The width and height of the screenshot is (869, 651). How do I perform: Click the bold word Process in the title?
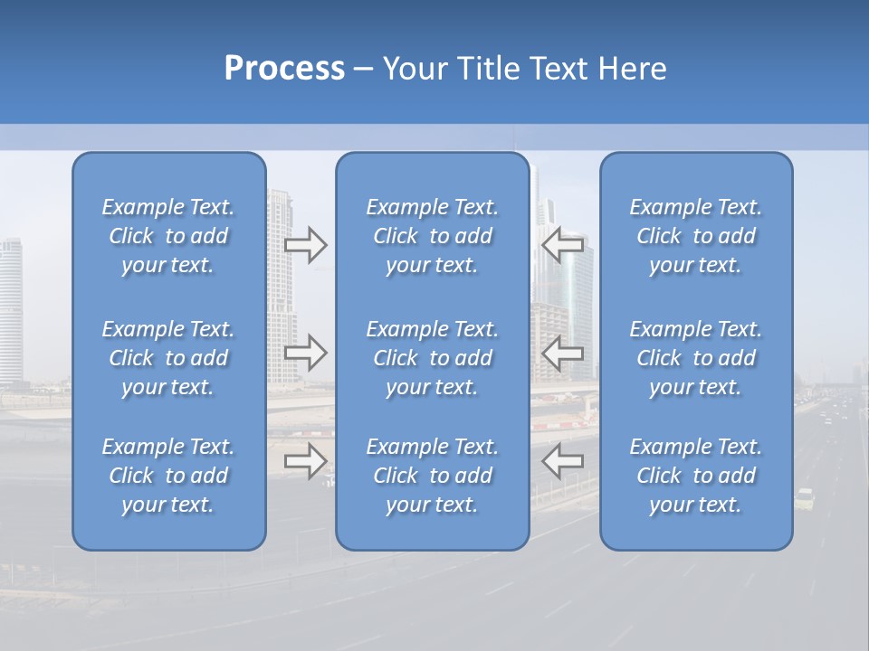284,69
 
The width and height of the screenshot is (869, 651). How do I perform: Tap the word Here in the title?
633,69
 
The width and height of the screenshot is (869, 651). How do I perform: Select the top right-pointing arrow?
306,245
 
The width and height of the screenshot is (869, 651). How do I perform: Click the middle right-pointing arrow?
306,353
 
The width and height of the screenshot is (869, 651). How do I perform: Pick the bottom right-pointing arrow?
306,461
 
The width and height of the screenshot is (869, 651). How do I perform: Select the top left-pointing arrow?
562,245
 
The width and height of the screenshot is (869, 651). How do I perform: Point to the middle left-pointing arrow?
562,353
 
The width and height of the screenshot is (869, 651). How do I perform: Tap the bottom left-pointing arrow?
562,461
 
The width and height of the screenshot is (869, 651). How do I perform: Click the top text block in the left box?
168,236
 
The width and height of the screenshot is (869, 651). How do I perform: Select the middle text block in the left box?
168,358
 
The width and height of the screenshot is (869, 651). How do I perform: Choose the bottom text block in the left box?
168,476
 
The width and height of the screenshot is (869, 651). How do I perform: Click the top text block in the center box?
432,236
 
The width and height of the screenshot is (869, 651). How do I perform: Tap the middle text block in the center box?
432,358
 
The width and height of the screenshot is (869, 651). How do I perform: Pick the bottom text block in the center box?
432,476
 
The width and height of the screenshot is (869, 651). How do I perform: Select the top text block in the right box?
695,236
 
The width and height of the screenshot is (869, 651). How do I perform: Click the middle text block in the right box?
695,358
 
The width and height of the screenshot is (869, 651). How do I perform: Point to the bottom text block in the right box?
695,476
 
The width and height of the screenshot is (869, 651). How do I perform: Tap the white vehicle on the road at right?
805,497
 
